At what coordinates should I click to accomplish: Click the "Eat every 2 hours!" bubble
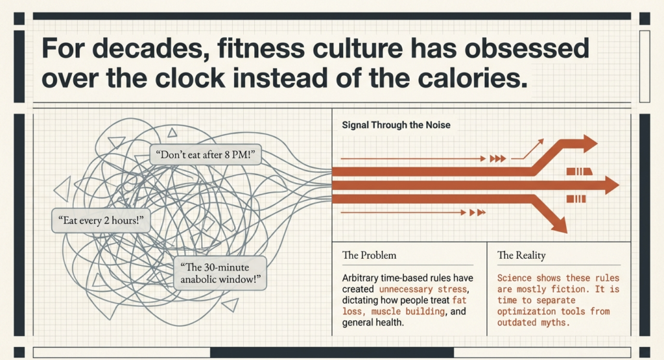click(x=101, y=221)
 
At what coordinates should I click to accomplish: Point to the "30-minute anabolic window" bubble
click(x=220, y=273)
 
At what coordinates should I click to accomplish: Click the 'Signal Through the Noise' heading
click(x=396, y=125)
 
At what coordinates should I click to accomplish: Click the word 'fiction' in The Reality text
click(x=568, y=289)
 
